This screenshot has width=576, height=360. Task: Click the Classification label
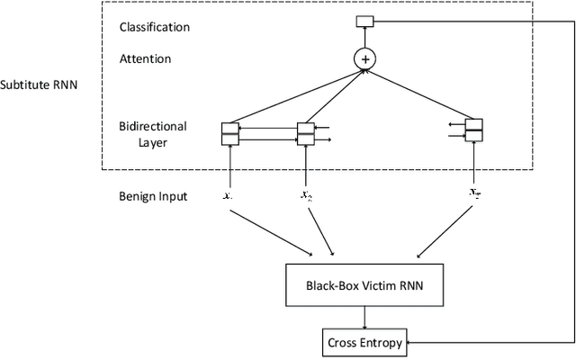(x=155, y=27)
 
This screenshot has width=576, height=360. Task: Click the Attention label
(x=145, y=58)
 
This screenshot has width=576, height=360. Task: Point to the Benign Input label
(x=153, y=195)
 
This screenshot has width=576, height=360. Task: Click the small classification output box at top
(x=364, y=21)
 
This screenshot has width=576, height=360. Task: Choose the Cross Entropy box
(x=364, y=341)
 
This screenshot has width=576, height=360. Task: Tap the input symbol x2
(x=306, y=194)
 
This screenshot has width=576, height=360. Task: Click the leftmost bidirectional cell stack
(x=230, y=133)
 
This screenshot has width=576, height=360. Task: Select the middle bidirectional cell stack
(x=306, y=133)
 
